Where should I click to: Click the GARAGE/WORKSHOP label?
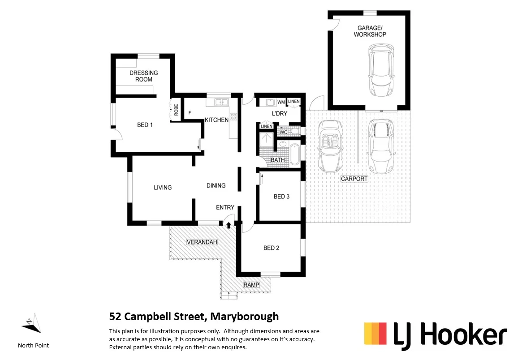pyautogui.click(x=370, y=31)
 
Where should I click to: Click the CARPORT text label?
pyautogui.click(x=354, y=179)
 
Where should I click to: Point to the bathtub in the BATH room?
pyautogui.click(x=294, y=154)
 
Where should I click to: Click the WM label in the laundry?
pyautogui.click(x=281, y=103)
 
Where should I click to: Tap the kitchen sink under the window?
pyautogui.click(x=220, y=103)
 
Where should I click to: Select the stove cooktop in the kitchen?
pyautogui.click(x=233, y=117)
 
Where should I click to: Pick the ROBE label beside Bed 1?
pyautogui.click(x=176, y=110)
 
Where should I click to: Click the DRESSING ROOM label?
pyautogui.click(x=143, y=76)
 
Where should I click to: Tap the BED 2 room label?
pyautogui.click(x=271, y=248)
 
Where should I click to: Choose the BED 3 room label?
pyautogui.click(x=281, y=197)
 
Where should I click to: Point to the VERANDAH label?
pyautogui.click(x=202, y=242)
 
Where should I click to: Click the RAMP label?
pyautogui.click(x=251, y=285)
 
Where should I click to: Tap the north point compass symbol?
pyautogui.click(x=32, y=323)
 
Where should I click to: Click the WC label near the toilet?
pyautogui.click(x=283, y=132)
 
